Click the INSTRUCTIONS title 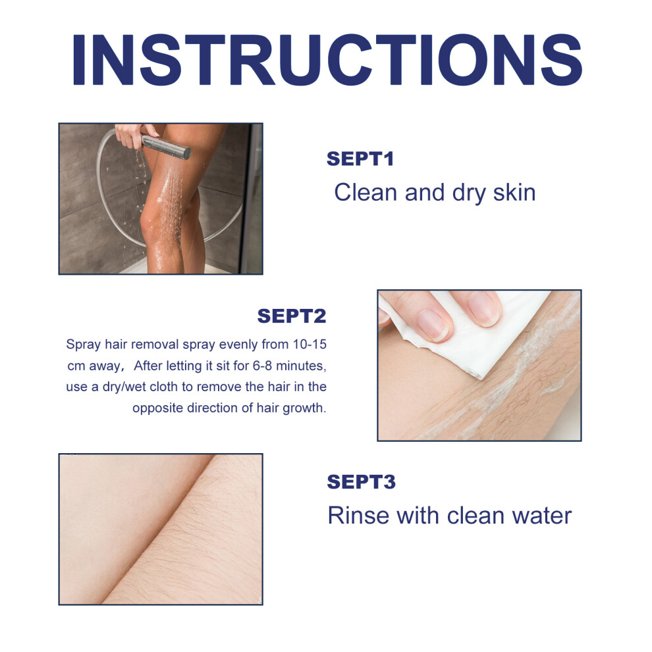tap(327, 60)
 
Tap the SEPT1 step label tap(360, 159)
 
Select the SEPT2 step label tap(292, 315)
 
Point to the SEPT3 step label tap(361, 481)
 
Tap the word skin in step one tap(514, 192)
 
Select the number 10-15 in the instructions tap(310, 344)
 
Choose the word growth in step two tap(304, 408)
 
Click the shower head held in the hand tap(165, 146)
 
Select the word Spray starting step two tap(83, 344)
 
